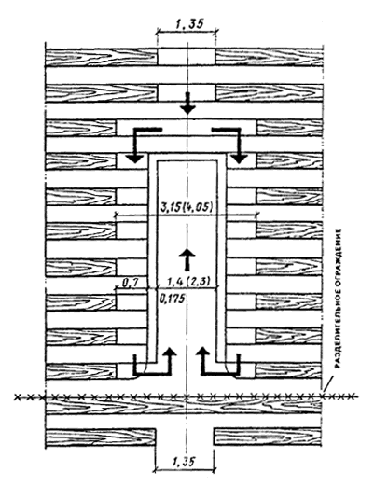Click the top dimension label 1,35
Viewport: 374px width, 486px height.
point(187,24)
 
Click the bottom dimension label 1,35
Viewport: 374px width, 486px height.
point(185,461)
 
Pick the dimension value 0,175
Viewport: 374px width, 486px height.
point(172,299)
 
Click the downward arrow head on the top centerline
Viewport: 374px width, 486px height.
point(187,108)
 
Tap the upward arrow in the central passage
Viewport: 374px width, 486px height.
point(187,259)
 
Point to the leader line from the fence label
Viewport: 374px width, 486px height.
point(327,383)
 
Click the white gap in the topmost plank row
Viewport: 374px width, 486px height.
point(186,57)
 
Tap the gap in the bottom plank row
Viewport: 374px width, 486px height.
point(185,437)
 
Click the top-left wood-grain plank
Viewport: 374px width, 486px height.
point(102,57)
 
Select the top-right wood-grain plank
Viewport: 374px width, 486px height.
point(269,57)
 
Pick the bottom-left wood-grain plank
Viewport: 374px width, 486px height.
point(101,437)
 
